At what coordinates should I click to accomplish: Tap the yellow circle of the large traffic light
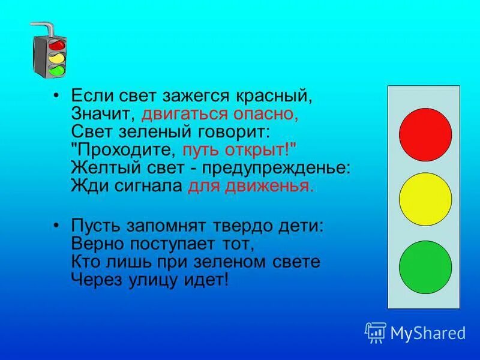(425, 199)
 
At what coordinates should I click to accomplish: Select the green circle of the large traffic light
(425, 267)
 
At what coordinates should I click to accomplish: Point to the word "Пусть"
(96, 227)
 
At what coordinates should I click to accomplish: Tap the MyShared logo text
(427, 332)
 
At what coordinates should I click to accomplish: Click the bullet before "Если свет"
(56, 96)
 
